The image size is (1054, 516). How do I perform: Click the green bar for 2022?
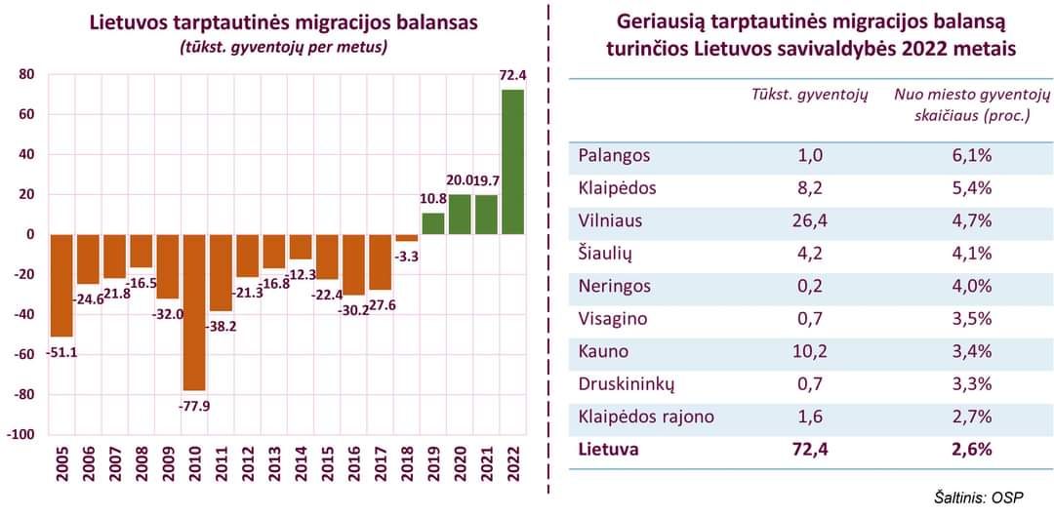pyautogui.click(x=512, y=162)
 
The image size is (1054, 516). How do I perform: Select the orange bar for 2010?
pyautogui.click(x=194, y=312)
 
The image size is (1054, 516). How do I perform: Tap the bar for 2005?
pyautogui.click(x=61, y=285)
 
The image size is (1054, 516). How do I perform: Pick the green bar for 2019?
pyautogui.click(x=433, y=223)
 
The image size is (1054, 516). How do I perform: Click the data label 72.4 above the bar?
pyautogui.click(x=512, y=74)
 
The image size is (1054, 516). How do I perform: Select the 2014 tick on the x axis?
pyautogui.click(x=302, y=466)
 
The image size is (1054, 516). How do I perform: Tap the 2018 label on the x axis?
pyautogui.click(x=407, y=466)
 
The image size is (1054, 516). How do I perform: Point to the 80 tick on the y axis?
pyautogui.click(x=26, y=74)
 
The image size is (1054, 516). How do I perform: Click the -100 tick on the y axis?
pyautogui.click(x=21, y=435)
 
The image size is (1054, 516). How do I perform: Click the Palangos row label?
pyautogui.click(x=614, y=155)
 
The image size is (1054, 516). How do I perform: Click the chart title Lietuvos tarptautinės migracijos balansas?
pyautogui.click(x=284, y=23)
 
